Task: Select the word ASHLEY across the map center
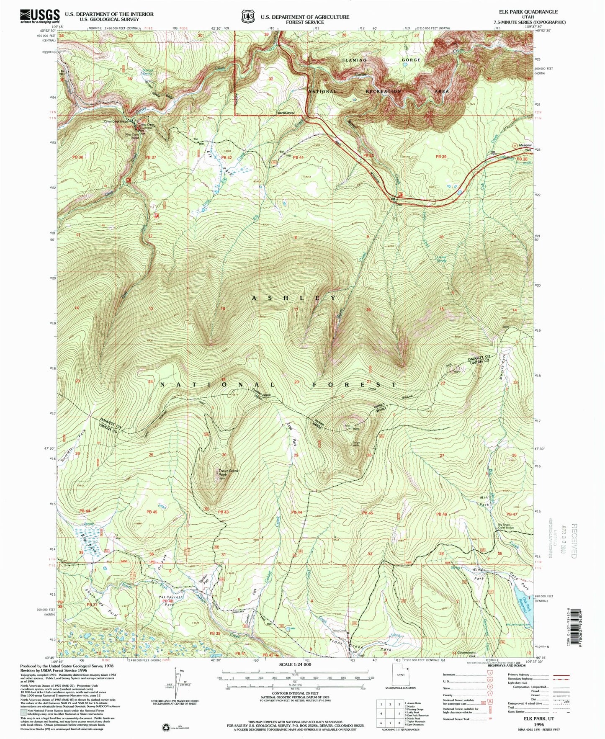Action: (x=293, y=298)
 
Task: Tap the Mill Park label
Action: (x=484, y=501)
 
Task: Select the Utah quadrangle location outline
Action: (x=396, y=690)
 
